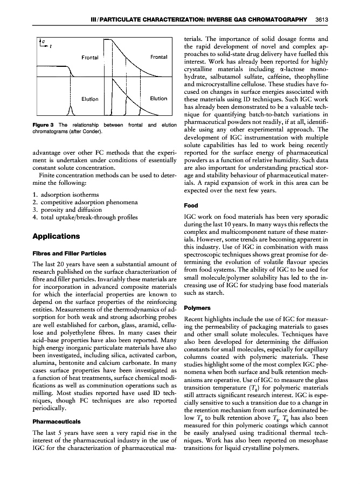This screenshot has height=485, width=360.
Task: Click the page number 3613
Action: pos(321,20)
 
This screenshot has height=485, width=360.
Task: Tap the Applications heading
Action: pos(56,236)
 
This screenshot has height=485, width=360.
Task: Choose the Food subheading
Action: pos(191,205)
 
